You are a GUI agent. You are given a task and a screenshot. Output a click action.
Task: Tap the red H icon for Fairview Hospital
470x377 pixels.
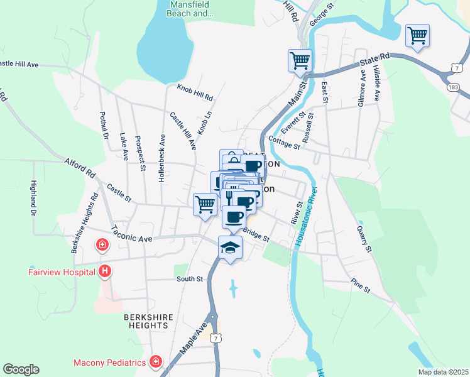[x=106, y=271]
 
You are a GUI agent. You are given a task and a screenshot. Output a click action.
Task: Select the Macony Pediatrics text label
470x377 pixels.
[x=110, y=363]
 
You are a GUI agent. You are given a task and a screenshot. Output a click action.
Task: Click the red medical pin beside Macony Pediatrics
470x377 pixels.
[x=155, y=362]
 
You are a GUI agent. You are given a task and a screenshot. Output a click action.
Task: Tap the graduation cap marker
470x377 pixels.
[x=231, y=246]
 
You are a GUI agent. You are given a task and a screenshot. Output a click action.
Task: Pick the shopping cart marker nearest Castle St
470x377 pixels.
[x=205, y=204]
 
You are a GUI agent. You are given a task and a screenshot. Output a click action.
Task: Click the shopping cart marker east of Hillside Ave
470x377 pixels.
[x=417, y=36]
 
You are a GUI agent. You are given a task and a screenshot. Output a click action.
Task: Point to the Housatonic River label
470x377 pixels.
[x=308, y=219]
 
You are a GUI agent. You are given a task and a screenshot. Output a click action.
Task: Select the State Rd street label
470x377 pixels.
[x=375, y=60]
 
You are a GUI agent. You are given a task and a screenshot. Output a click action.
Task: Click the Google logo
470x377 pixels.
[x=21, y=369]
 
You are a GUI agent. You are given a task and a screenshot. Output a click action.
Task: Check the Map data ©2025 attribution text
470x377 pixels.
[x=442, y=372]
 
